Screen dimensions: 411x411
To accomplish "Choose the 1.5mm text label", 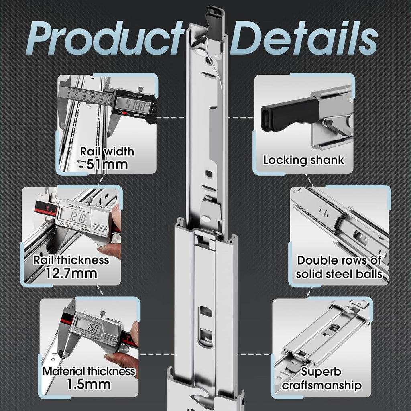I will [89, 384].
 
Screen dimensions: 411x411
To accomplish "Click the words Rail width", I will [107, 151].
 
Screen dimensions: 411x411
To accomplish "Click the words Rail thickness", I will [71, 260].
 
